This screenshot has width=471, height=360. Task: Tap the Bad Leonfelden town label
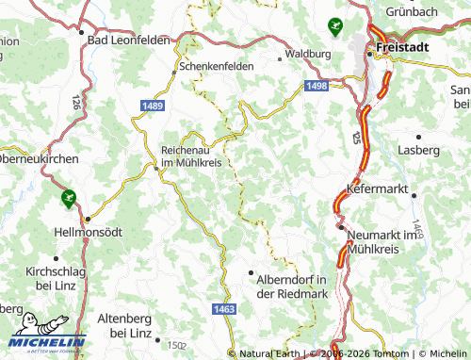pos(128,41)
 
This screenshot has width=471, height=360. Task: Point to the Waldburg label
pos(309,55)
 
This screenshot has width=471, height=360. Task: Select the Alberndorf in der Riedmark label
pos(292,286)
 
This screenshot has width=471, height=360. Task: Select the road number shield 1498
pos(317,87)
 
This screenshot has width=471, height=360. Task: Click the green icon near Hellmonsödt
pos(67,199)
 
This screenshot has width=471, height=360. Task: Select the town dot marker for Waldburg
pos(281,58)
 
